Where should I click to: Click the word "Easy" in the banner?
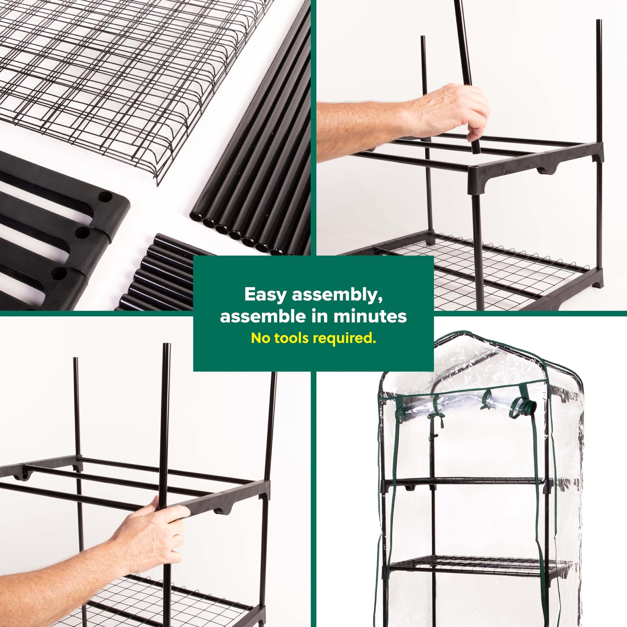point(266,295)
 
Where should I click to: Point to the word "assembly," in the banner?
point(337,295)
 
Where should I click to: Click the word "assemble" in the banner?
point(257,317)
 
